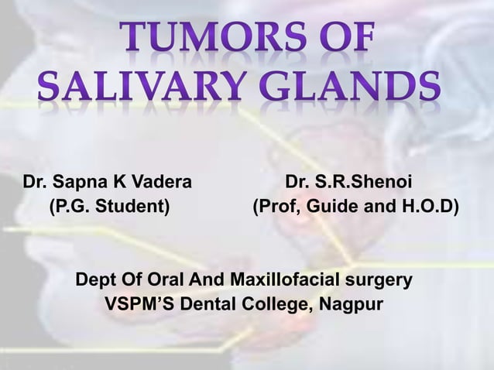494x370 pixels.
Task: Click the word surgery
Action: click(x=383, y=278)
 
